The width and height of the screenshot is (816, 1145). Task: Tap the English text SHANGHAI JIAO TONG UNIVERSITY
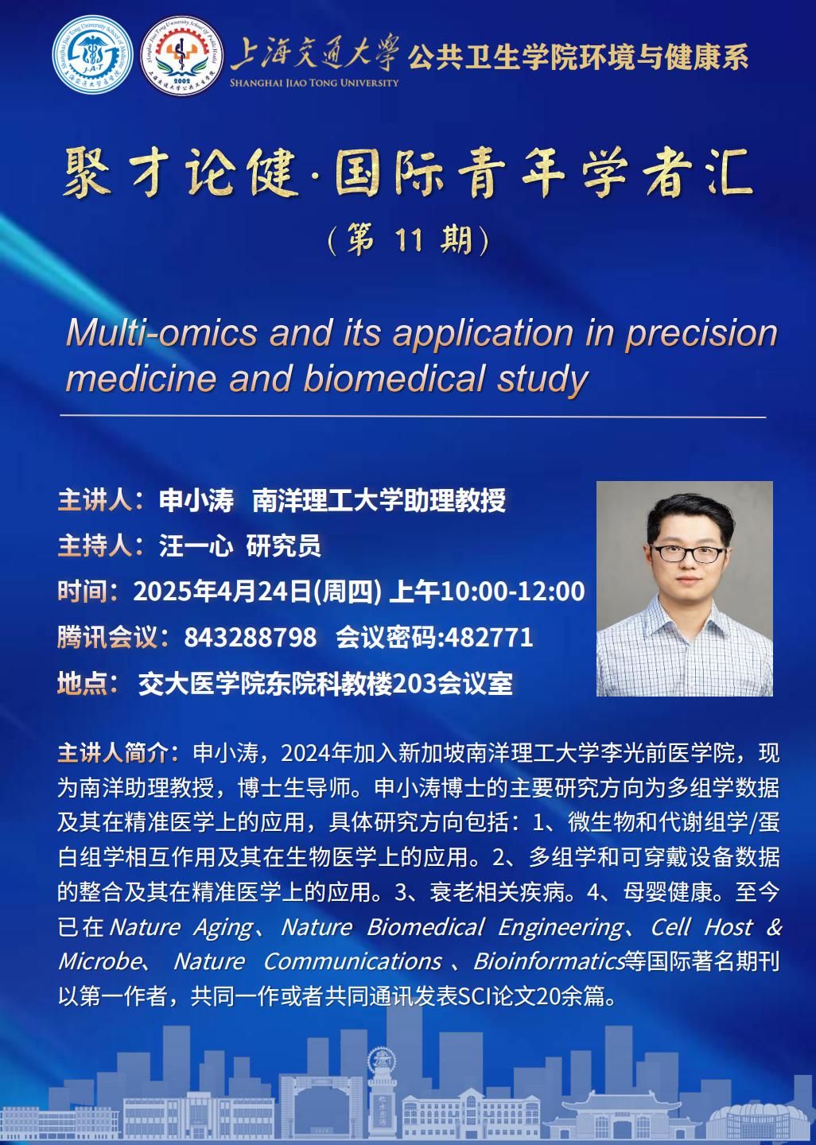[314, 83]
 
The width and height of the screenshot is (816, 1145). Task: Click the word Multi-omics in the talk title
[161, 332]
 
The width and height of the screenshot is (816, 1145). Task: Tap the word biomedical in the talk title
[394, 378]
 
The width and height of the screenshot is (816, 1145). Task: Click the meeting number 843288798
[250, 638]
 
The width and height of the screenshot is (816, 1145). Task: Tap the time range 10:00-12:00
[513, 592]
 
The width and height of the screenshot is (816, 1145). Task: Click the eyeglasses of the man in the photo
[688, 553]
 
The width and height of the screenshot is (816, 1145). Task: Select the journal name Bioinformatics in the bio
[550, 961]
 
